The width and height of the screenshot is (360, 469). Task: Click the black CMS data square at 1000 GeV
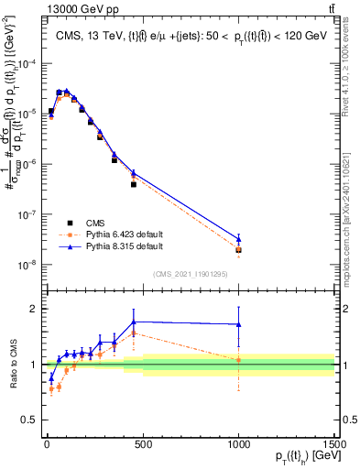coord(239,249)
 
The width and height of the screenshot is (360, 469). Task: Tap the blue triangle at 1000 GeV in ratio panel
coord(239,324)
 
